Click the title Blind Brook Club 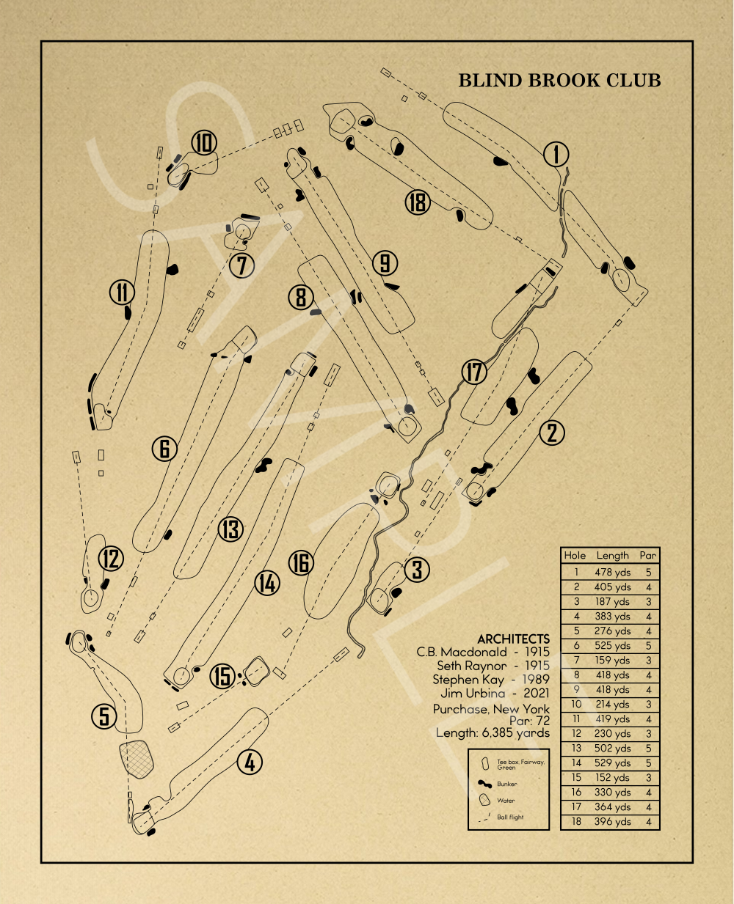click(559, 81)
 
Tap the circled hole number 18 click(418, 202)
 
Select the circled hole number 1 click(556, 155)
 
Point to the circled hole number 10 click(204, 142)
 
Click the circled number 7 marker click(242, 265)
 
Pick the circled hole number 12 click(111, 559)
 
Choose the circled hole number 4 click(250, 762)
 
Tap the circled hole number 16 click(301, 563)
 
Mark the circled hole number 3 click(417, 570)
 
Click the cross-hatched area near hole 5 click(137, 758)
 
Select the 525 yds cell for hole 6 click(612, 646)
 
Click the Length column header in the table click(612, 556)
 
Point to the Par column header click(647, 556)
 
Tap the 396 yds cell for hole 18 click(612, 822)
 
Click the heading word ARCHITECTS click(513, 639)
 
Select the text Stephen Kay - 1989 click(490, 680)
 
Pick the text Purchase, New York click(491, 709)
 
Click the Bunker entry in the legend click(506, 784)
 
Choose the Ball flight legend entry click(510, 817)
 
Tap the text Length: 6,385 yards click(493, 733)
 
